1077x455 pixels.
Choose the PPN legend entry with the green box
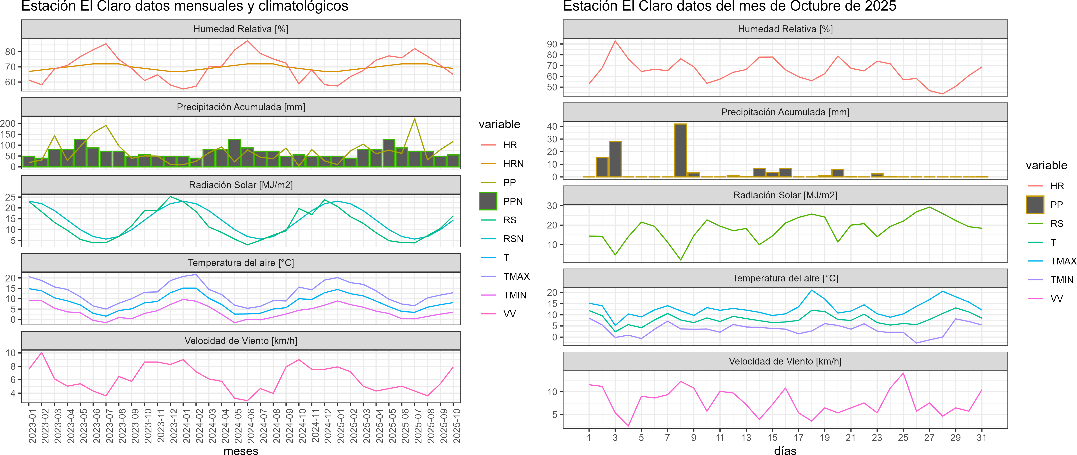click(x=513, y=201)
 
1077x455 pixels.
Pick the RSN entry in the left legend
click(x=513, y=239)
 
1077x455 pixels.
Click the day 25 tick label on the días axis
click(x=903, y=438)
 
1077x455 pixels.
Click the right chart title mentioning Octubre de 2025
click(x=730, y=6)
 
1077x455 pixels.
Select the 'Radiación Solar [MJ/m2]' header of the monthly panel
click(x=241, y=185)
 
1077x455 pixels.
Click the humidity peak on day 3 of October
click(x=615, y=41)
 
